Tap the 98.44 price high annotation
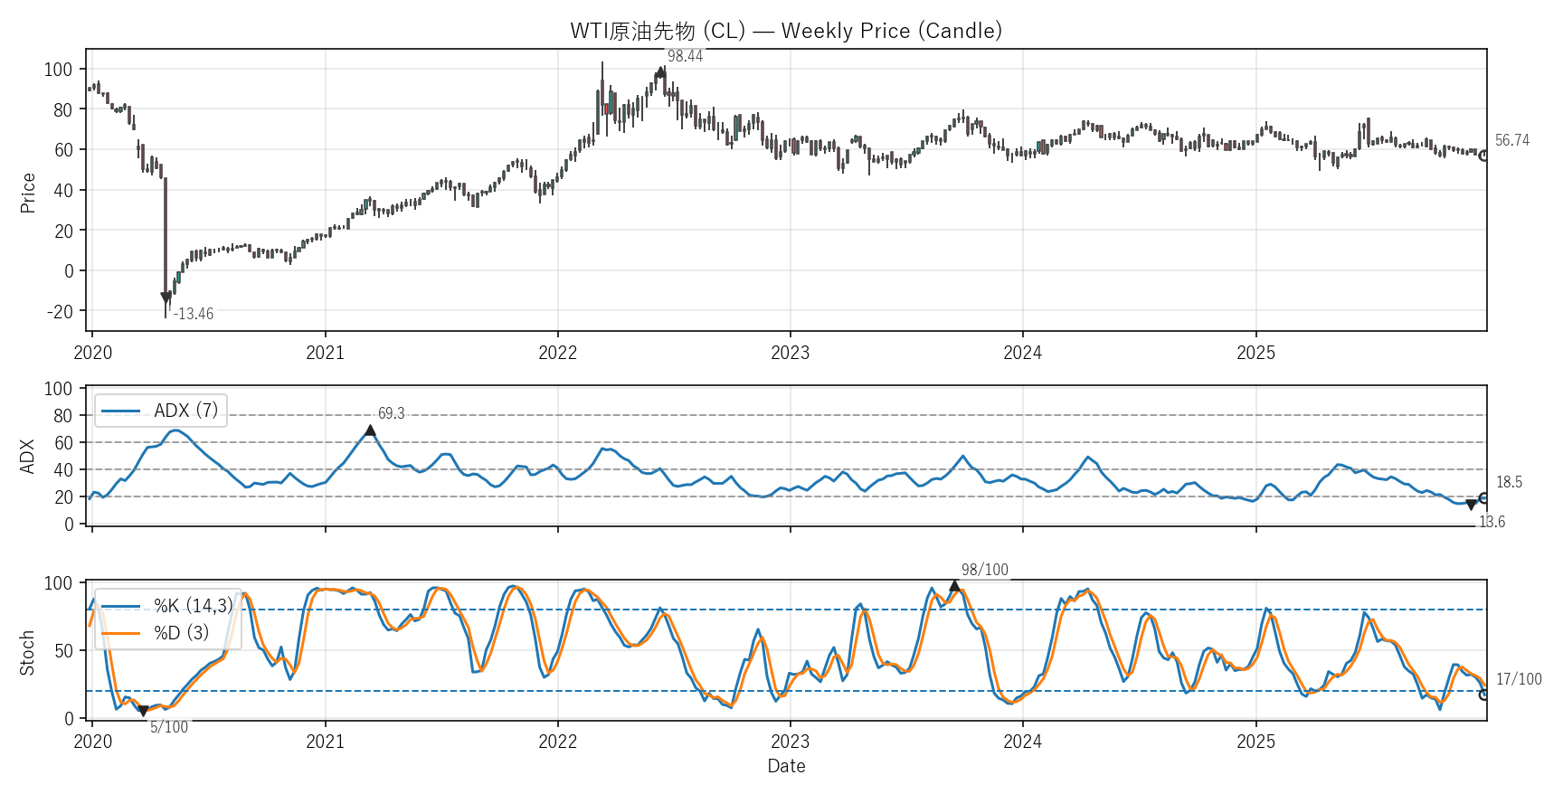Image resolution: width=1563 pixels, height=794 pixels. [685, 56]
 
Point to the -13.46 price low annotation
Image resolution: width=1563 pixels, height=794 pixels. [194, 314]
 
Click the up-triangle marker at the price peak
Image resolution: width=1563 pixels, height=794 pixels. [661, 71]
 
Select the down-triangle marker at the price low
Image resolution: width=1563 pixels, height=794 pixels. [166, 298]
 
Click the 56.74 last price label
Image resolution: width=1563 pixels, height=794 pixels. [1511, 140]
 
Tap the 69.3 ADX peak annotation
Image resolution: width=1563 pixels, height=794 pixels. [391, 413]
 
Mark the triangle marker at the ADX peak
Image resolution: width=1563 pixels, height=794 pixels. [370, 430]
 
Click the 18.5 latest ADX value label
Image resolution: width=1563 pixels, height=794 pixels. [1509, 482]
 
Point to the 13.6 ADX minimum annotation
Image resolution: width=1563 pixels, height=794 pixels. [1492, 522]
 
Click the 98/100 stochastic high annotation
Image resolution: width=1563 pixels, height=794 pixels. [984, 570]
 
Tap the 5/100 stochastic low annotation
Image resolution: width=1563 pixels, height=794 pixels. [169, 727]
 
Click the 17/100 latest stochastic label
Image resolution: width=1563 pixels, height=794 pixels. [1519, 679]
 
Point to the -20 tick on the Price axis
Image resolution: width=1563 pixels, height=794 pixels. [61, 311]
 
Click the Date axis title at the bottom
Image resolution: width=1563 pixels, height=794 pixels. [786, 766]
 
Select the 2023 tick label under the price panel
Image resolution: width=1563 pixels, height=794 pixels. [790, 353]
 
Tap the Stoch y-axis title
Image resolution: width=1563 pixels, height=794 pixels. [27, 652]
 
